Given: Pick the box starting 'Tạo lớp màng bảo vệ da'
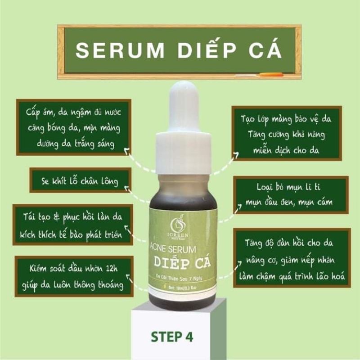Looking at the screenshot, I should click(x=286, y=133).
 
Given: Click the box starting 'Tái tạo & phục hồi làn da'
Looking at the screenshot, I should click(x=73, y=224).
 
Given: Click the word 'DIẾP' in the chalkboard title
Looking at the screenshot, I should click(x=205, y=50).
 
